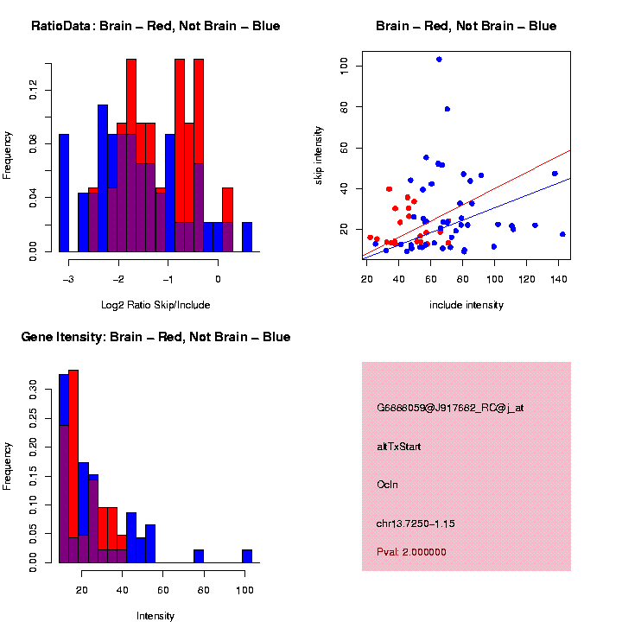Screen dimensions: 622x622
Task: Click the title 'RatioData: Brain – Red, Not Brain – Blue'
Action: tap(155, 26)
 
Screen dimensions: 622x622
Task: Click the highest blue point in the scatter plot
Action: tap(439, 60)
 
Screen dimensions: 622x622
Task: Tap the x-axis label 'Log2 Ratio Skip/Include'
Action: tap(155, 304)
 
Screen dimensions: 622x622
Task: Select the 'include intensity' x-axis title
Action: tap(466, 304)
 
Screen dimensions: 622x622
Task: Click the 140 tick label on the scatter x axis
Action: tap(555, 279)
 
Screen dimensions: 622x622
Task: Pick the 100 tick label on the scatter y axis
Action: tap(343, 66)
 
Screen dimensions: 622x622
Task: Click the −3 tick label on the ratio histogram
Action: tap(67, 279)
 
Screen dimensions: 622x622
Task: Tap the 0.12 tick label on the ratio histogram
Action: tap(33, 90)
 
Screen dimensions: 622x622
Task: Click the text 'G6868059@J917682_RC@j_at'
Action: tap(449, 408)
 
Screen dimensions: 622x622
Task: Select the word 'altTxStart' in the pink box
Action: tap(399, 447)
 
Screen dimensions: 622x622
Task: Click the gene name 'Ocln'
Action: tap(388, 485)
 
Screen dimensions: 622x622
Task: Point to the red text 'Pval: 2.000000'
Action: tap(411, 551)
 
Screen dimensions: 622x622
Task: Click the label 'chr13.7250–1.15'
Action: tap(415, 524)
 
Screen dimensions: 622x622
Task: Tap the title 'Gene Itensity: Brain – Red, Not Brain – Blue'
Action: tap(155, 337)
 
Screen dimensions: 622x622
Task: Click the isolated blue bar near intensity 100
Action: tap(247, 555)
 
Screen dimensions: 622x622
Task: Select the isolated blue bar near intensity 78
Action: tap(198, 555)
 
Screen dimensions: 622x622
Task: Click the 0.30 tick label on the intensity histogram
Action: tap(33, 389)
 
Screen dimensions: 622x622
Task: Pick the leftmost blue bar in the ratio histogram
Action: tap(64, 192)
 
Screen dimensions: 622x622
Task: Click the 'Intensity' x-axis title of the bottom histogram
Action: tap(155, 616)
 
